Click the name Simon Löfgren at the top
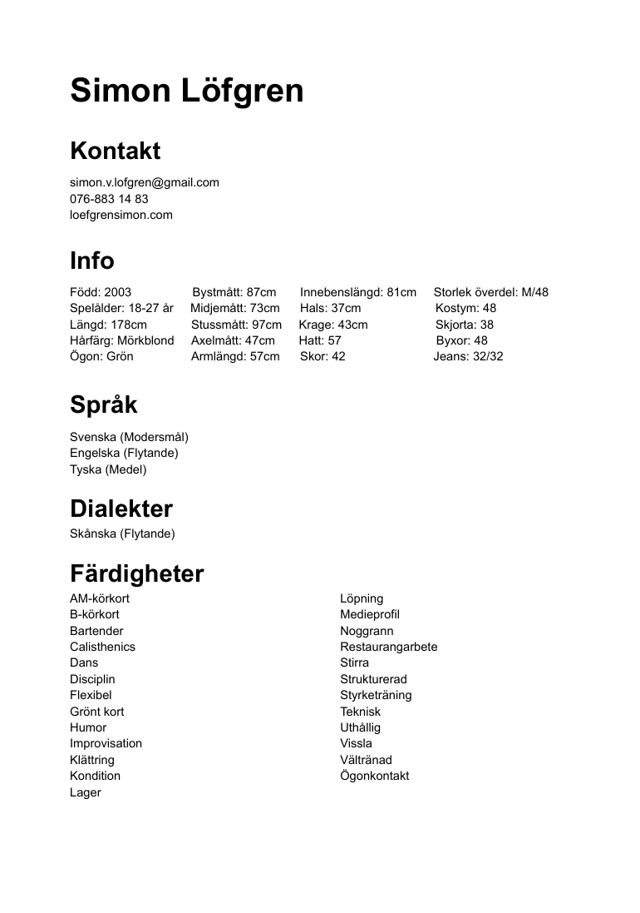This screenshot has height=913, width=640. pos(187,92)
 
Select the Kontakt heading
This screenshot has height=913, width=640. pos(116,151)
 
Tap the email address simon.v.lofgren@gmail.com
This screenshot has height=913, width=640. pos(145,182)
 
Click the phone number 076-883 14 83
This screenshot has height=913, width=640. pos(109,199)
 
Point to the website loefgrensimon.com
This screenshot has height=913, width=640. pos(121,215)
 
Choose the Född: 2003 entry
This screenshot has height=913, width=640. pos(101,292)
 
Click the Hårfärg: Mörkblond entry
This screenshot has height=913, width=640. pos(122,340)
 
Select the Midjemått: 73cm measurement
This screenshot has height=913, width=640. pos(235,308)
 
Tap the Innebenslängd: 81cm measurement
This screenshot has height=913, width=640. pos(358,292)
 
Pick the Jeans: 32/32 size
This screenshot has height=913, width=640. pos(468,356)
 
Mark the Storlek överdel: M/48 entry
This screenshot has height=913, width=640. pos(491,292)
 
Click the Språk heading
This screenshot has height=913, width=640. pos(104,405)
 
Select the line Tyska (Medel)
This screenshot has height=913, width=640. pos(108,469)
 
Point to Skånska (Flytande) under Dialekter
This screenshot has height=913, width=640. pos(122,533)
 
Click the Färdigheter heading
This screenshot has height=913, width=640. pos(137,574)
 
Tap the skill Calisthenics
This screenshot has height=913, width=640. pos(102,647)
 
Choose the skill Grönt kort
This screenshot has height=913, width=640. pos(97,712)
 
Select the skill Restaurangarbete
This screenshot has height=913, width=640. pos(388,647)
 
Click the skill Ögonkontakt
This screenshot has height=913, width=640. pos(374,776)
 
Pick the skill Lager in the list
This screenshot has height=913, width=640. pos(86,792)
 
